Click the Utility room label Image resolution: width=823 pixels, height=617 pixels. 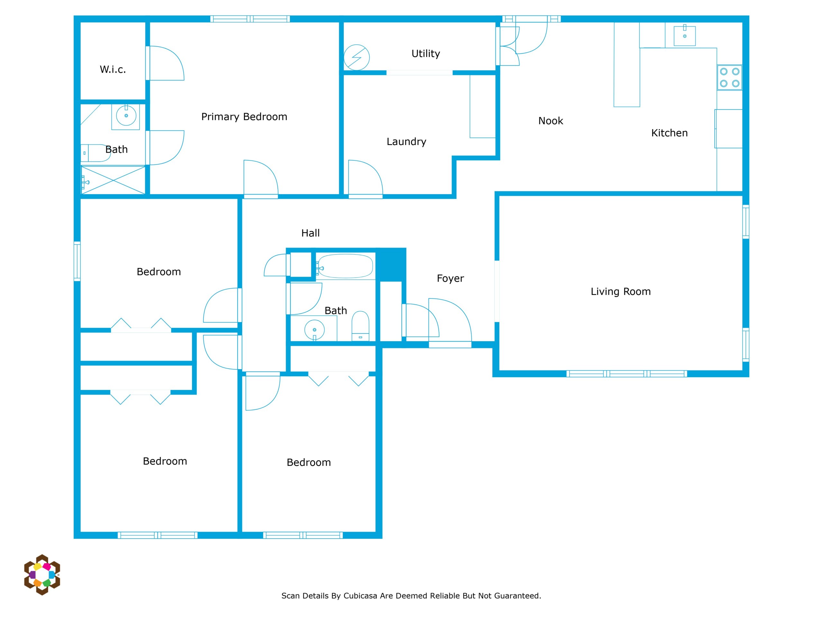pyautogui.click(x=426, y=54)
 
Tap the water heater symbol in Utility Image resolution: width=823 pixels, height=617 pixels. pyautogui.click(x=357, y=57)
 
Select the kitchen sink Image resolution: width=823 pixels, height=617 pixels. pyautogui.click(x=684, y=36)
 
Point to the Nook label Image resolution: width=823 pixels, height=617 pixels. pyautogui.click(x=551, y=121)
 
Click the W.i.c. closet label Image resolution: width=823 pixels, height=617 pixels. pyautogui.click(x=113, y=69)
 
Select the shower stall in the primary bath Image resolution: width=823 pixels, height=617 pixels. pyautogui.click(x=113, y=180)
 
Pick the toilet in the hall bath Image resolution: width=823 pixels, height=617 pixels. pyautogui.click(x=360, y=326)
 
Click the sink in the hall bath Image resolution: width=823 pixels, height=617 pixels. pyautogui.click(x=314, y=329)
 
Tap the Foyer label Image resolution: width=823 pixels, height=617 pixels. pyautogui.click(x=450, y=279)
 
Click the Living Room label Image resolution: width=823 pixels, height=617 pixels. pyautogui.click(x=620, y=291)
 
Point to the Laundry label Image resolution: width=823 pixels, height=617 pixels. pyautogui.click(x=406, y=142)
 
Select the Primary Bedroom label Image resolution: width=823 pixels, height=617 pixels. pyautogui.click(x=244, y=117)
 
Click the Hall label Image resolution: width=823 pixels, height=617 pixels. pyautogui.click(x=310, y=233)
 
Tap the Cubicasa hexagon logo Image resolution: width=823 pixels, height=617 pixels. pyautogui.click(x=42, y=575)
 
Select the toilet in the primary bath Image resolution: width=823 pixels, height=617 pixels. pyautogui.click(x=95, y=153)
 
